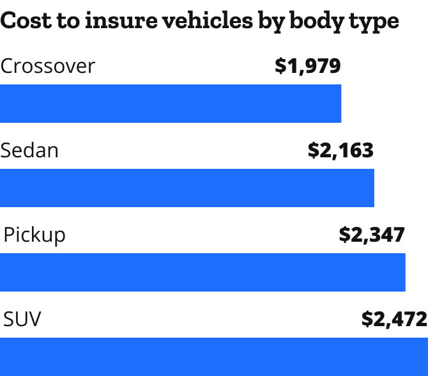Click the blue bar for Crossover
pos(171,104)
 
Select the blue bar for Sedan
pos(187,188)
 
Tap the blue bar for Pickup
pos(203,272)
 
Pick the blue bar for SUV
pos(214,356)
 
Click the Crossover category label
pos(48,67)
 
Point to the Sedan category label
pos(29,151)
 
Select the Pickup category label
pos(34,235)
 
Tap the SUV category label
pos(22,319)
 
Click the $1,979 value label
pos(308,67)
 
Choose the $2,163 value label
pos(340,151)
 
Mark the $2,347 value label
pos(372,235)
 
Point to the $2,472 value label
pos(394,319)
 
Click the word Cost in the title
pos(24,20)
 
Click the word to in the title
pos(64,20)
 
